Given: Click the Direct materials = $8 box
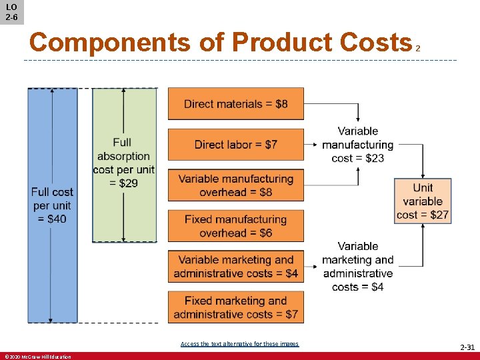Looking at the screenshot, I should (235, 104).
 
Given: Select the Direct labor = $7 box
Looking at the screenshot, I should (235, 145).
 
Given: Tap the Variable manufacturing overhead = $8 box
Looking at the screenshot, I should (235, 185).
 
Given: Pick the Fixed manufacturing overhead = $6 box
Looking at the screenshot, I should (235, 226).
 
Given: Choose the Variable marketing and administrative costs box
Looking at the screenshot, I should (235, 267).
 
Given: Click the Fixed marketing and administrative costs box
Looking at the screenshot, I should (235, 307).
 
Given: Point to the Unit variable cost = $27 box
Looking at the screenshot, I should (423, 201).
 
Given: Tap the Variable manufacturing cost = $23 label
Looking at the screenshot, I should (358, 145).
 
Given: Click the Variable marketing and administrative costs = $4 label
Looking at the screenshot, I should (358, 267).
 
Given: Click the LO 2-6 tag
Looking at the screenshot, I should (12, 12).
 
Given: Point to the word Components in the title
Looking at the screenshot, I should (110, 43).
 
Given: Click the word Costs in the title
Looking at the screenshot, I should (375, 43).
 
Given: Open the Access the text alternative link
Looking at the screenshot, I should (239, 344).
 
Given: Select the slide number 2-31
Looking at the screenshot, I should (467, 347).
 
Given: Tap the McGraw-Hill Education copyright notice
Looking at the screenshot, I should (37, 357).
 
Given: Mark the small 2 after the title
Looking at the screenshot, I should (418, 49).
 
